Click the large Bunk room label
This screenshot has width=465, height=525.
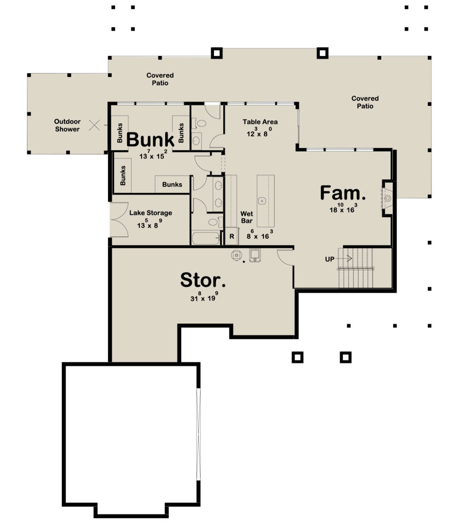pyautogui.click(x=150, y=140)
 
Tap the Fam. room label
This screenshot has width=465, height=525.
pyautogui.click(x=343, y=193)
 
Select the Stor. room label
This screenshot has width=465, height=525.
pyautogui.click(x=203, y=280)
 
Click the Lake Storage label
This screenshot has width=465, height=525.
pyautogui.click(x=150, y=213)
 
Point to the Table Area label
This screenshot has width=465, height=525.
pyautogui.click(x=260, y=122)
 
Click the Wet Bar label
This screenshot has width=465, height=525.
pyautogui.click(x=246, y=217)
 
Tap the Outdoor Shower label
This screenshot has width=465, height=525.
pyautogui.click(x=67, y=125)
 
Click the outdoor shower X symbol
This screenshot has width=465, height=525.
pyautogui.click(x=95, y=125)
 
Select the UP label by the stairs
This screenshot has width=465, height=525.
pyautogui.click(x=330, y=259)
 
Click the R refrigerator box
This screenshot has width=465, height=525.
pyautogui.click(x=232, y=237)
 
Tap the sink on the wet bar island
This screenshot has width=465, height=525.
pyautogui.click(x=262, y=200)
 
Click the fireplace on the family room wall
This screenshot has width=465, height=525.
pyautogui.click(x=387, y=199)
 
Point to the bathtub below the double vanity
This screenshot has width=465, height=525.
pyautogui.click(x=206, y=238)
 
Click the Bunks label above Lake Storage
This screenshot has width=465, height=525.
pyautogui.click(x=172, y=185)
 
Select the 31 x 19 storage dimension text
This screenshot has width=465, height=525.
pyautogui.click(x=203, y=298)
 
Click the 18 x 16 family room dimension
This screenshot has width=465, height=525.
pyautogui.click(x=342, y=209)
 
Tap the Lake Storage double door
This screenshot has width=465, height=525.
pyautogui.click(x=119, y=219)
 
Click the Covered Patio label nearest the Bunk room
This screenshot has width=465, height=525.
pyautogui.click(x=160, y=79)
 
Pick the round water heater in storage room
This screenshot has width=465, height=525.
pyautogui.click(x=236, y=255)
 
